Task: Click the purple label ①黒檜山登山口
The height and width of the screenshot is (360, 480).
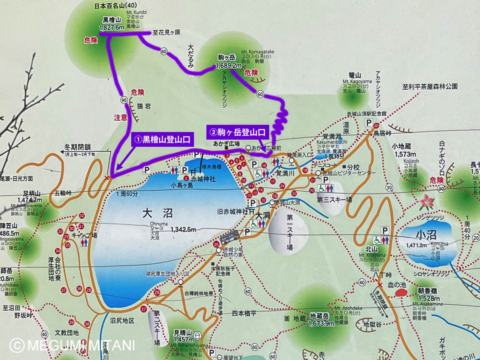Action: [x=162, y=139]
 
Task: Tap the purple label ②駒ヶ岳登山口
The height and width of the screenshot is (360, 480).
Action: [x=236, y=131]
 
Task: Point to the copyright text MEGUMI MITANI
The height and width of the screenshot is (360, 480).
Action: [x=72, y=345]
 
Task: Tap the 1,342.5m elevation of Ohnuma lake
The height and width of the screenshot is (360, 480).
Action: [x=184, y=230]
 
